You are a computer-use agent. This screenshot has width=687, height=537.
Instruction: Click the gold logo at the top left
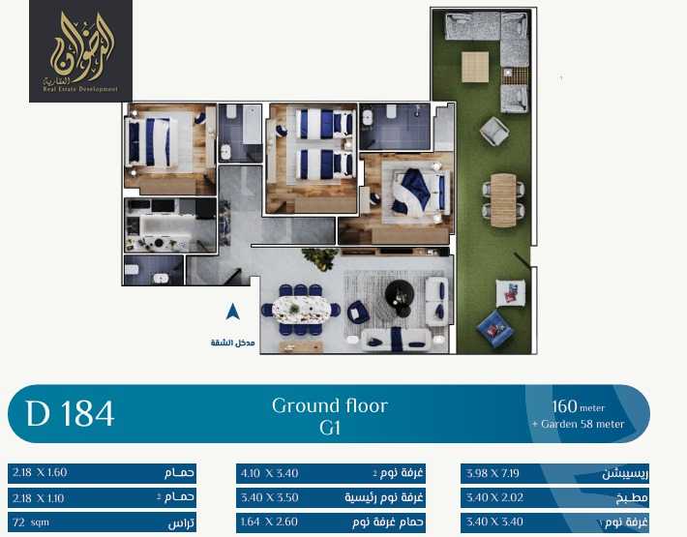[80, 49]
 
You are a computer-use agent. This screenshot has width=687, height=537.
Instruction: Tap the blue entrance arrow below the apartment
[232, 312]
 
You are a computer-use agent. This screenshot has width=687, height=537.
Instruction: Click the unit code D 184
[71, 413]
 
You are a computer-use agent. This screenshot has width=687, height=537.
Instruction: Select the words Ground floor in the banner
[329, 405]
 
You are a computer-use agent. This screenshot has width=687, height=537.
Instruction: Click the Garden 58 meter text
[578, 424]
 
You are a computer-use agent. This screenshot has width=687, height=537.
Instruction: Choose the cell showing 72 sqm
[32, 522]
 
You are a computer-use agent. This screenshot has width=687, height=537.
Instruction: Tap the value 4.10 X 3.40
[267, 473]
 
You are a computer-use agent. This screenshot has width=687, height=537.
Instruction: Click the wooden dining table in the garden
[504, 199]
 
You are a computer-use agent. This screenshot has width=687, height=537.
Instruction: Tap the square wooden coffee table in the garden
[475, 68]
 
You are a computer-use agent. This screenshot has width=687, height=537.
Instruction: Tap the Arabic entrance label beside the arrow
[232, 343]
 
